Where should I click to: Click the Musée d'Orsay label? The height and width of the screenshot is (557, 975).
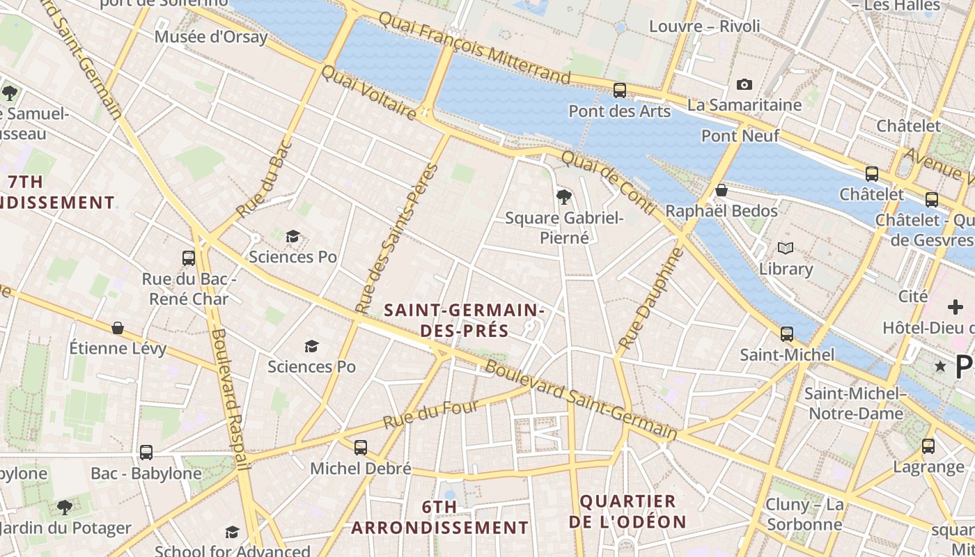(211, 37)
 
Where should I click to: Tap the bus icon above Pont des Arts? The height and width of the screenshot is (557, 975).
(619, 90)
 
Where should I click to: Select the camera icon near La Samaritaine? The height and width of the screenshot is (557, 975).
(744, 84)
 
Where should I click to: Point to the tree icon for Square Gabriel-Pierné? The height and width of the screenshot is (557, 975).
(563, 197)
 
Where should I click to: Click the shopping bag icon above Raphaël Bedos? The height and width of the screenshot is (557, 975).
(721, 189)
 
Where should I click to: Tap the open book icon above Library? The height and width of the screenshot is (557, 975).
(786, 248)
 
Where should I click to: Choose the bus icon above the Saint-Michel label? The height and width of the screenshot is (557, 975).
(787, 334)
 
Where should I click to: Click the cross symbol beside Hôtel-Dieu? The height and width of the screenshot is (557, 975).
(955, 306)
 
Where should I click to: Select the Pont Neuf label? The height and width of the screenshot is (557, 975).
(740, 136)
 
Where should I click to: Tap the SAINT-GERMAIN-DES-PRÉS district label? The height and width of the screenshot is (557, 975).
(465, 320)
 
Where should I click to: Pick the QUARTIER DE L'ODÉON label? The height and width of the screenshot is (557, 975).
(627, 511)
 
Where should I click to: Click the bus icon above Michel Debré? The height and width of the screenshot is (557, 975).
(360, 448)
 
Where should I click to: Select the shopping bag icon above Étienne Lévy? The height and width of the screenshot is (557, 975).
(118, 327)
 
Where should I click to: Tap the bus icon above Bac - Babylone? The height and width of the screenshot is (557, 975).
(146, 453)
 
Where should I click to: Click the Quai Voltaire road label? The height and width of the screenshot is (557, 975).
(369, 92)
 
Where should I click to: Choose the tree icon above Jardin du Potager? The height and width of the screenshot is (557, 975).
(65, 507)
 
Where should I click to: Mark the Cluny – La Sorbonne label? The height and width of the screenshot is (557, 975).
(804, 514)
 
